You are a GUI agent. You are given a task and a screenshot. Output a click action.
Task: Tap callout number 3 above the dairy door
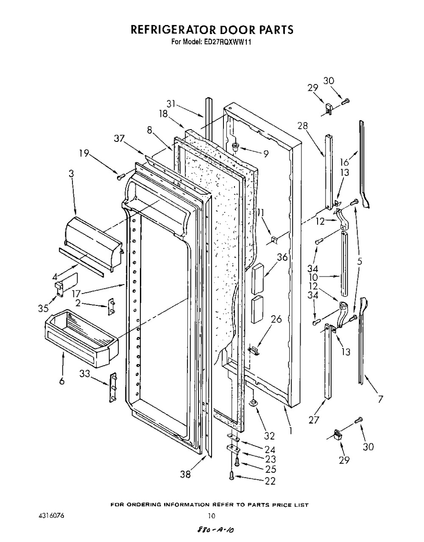pyautogui.click(x=72, y=174)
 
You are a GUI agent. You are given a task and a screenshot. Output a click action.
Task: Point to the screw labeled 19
pyautogui.click(x=120, y=177)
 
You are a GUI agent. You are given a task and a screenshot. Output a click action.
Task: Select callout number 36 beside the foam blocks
pyautogui.click(x=282, y=257)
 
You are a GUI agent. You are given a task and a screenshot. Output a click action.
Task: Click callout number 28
pyautogui.click(x=302, y=127)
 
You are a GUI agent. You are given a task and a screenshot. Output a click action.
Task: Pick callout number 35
pyautogui.click(x=43, y=308)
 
